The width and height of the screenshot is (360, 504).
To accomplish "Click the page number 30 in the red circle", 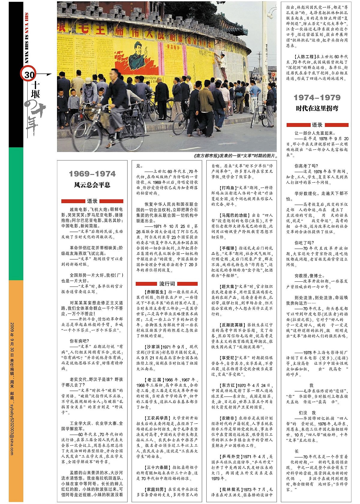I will tap(29, 74).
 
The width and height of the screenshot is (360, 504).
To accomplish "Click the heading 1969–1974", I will tap(92, 174).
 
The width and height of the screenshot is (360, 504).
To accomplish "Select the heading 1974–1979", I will tap(317, 97).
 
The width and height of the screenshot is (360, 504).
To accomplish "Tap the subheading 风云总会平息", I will tap(92, 185).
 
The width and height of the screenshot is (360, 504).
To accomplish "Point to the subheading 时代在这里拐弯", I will tap(317, 108).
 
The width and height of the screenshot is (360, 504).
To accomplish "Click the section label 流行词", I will tap(167, 283).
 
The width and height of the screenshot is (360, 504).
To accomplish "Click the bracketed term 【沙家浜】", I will tap(152, 347).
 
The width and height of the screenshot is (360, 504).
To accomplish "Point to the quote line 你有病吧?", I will tap(79, 341).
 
